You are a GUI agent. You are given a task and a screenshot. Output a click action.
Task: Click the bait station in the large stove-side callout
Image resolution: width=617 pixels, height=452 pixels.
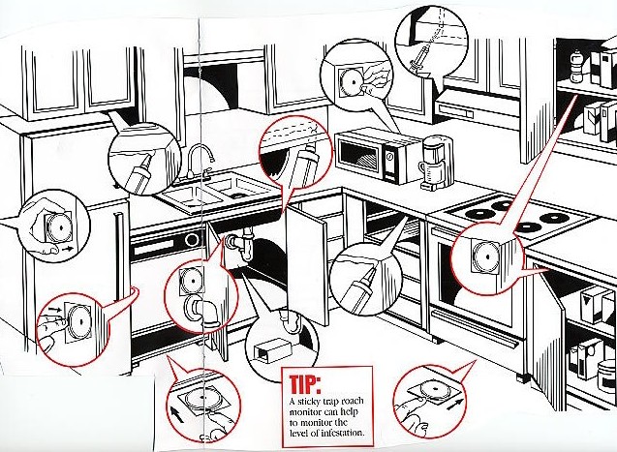point(484,256)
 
